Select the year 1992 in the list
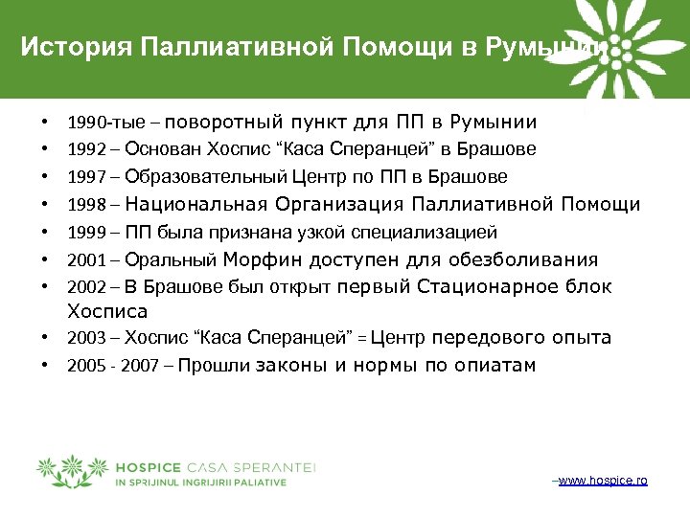(x=83, y=149)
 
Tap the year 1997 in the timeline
(x=83, y=177)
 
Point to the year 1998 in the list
(x=83, y=204)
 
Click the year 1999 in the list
(x=83, y=232)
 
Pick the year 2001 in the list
(x=83, y=259)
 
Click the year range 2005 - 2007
(x=109, y=366)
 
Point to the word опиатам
(x=494, y=365)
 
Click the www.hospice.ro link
(x=602, y=480)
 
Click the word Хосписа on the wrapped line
(x=106, y=311)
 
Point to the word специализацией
(x=436, y=232)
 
